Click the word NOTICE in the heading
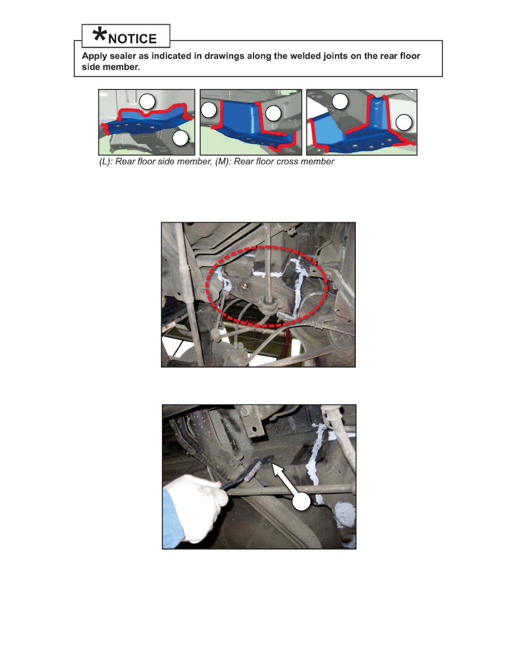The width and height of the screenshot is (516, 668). point(133,39)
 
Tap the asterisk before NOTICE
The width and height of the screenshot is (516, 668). point(99,34)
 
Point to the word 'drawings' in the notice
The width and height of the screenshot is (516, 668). point(221,56)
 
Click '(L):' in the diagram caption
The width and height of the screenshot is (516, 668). point(106,161)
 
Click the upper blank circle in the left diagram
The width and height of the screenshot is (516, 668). point(147,102)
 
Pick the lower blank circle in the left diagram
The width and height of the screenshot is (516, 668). point(180,138)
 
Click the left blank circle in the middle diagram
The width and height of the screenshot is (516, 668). point(209,110)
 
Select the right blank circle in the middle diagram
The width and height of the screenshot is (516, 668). point(273,114)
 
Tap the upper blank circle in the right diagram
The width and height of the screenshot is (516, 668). point(340,101)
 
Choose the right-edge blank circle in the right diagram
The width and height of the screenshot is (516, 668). point(404,123)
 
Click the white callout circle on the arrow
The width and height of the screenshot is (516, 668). point(301,502)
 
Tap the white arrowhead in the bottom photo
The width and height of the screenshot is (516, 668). point(278,470)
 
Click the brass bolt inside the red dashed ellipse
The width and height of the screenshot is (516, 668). point(245,286)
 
